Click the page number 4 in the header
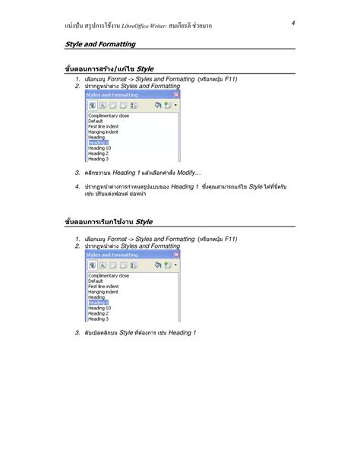click(292, 24)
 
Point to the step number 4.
click(77, 186)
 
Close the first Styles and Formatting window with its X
click(177, 95)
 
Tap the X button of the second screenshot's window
click(177, 255)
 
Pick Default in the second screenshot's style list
click(96, 281)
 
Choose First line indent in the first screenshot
click(104, 127)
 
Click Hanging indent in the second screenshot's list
click(103, 291)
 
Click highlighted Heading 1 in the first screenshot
click(99, 143)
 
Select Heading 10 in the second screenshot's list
click(99, 308)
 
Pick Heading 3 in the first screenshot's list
click(98, 159)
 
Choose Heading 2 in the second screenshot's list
click(98, 313)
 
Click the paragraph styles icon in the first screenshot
click(92, 106)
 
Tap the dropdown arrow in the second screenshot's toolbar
click(175, 266)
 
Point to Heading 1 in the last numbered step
click(182, 333)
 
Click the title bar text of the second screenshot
click(112, 255)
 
